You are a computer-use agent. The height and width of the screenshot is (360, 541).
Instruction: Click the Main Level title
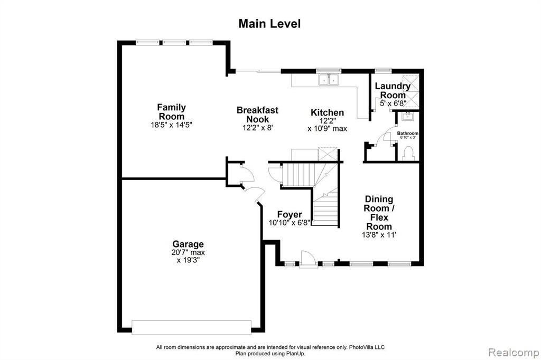[269, 23]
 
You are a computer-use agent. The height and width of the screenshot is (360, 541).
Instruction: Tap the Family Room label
[172, 112]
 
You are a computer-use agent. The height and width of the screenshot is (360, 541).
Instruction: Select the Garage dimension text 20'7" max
[188, 252]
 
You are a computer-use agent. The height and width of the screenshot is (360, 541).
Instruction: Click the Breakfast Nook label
[257, 115]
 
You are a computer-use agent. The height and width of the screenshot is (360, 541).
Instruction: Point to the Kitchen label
[327, 112]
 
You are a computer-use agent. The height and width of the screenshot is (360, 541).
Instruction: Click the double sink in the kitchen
[329, 79]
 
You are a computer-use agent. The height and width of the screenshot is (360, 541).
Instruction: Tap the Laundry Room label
[393, 90]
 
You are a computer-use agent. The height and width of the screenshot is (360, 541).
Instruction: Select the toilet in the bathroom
[408, 154]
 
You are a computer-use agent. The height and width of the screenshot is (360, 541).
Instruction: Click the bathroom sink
[408, 116]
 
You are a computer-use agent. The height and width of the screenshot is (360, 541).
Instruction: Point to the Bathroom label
[407, 133]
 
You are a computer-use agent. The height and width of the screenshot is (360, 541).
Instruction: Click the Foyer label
[290, 214]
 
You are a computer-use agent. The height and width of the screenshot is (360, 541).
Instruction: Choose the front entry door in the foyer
[308, 259]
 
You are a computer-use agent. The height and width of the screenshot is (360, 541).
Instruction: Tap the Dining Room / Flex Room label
[379, 213]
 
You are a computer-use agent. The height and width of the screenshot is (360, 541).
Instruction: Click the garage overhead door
[191, 327]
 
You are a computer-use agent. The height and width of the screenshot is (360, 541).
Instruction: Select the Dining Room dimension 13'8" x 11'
[379, 235]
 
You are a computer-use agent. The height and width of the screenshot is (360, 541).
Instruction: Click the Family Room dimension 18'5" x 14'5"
[171, 125]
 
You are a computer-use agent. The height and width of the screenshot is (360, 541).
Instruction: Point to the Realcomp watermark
[514, 353]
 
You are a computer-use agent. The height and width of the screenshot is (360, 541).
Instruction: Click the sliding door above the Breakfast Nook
[258, 71]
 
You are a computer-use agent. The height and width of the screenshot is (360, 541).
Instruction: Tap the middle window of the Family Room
[174, 42]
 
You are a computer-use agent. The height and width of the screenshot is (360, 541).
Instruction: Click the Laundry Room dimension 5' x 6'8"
[393, 103]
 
